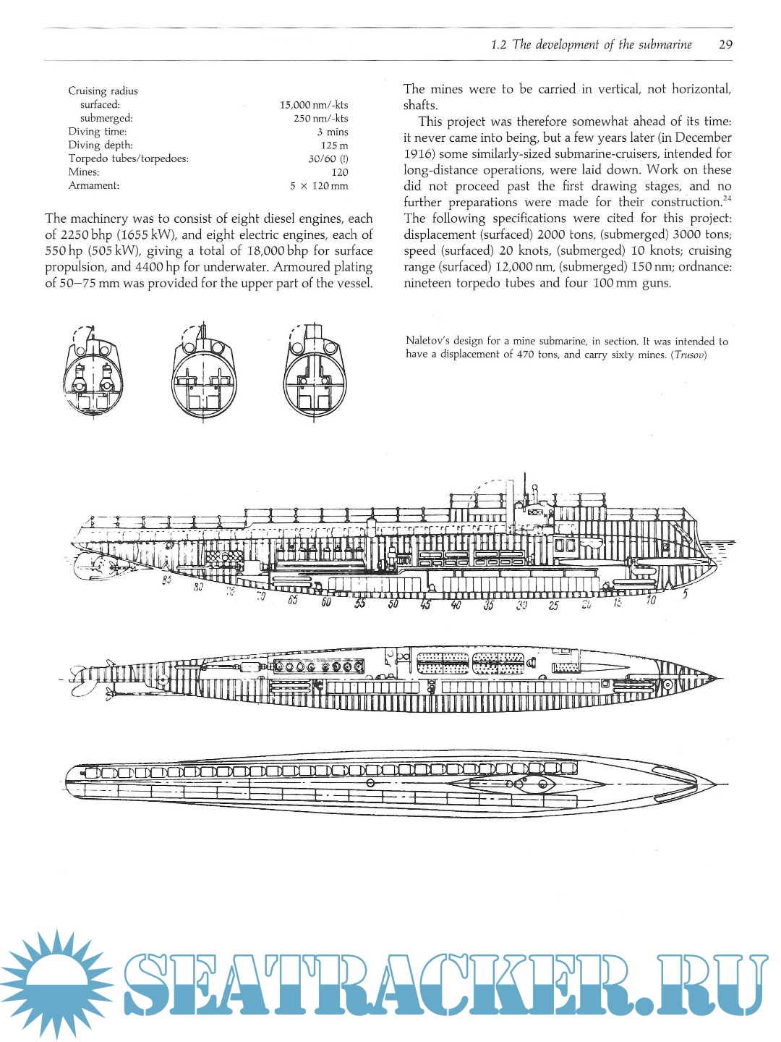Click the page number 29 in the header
click(725, 45)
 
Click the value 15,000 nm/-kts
click(314, 105)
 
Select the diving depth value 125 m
click(334, 145)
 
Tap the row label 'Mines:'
click(84, 172)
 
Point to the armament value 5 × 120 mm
click(319, 186)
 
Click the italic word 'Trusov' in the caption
click(688, 355)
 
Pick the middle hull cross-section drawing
click(204, 373)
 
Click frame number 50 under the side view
click(393, 604)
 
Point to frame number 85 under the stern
click(166, 580)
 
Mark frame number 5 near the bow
click(685, 595)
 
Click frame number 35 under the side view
click(489, 606)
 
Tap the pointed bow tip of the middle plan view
click(720, 679)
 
